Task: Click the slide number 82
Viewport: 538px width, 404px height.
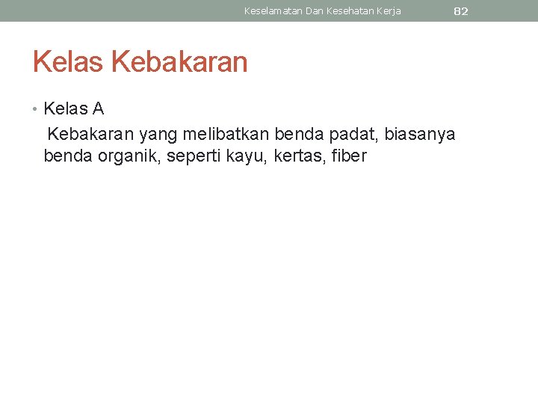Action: (461, 11)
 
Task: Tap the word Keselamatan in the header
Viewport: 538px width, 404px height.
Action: (273, 11)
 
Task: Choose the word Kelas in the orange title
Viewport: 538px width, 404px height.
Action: (69, 62)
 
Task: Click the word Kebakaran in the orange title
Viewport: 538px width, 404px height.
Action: (179, 62)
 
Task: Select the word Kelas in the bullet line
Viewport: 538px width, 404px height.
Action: (66, 109)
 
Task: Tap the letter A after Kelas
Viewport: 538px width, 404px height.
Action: (98, 109)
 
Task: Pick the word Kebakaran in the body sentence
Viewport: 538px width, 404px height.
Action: (91, 134)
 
